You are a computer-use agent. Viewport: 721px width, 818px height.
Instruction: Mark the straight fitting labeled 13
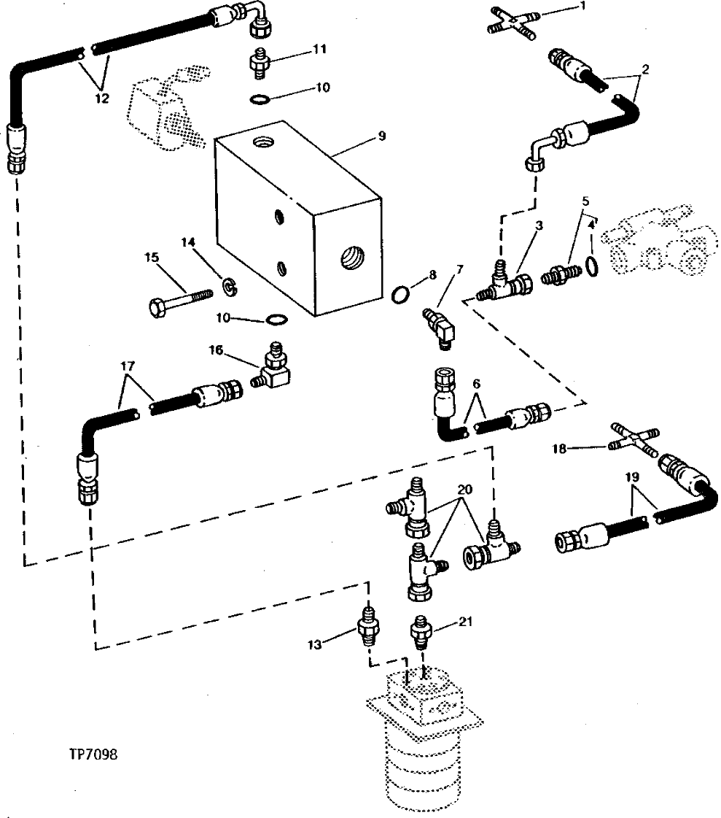coord(367,626)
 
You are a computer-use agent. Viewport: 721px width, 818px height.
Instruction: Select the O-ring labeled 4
coord(593,266)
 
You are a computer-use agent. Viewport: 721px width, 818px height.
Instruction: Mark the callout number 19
coord(632,476)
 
